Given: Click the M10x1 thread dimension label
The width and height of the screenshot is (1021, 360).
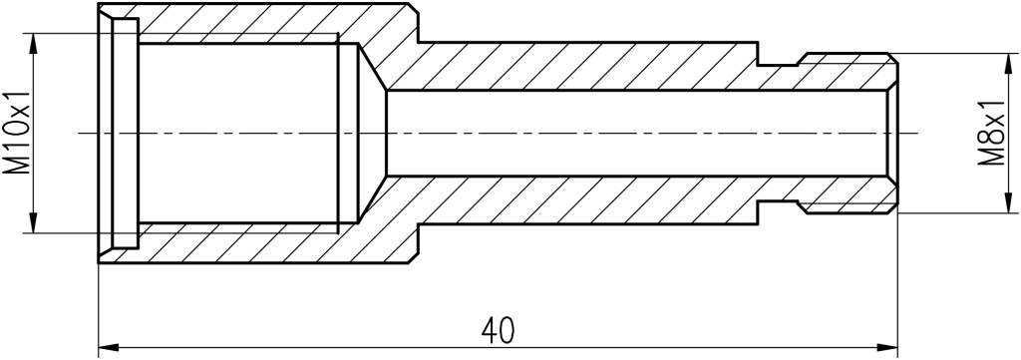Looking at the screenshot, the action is pos(18,134).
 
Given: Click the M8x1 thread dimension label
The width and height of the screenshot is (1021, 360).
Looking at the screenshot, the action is pos(993,134).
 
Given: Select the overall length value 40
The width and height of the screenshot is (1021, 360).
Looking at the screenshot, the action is pos(499,331).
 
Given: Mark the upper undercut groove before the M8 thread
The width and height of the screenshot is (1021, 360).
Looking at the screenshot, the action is pos(780,60).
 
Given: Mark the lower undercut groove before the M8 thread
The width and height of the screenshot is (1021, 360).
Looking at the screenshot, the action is pos(780,206).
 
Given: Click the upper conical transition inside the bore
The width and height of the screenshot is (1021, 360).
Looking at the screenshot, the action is pos(373,67).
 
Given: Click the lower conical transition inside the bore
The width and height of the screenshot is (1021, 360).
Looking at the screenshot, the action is pos(373,199).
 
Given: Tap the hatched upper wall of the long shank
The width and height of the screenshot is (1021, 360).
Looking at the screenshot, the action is pos(573,67).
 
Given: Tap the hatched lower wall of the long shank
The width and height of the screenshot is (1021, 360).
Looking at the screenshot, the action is pos(573,199).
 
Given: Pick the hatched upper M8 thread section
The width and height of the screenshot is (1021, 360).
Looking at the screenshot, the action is pos(847,72).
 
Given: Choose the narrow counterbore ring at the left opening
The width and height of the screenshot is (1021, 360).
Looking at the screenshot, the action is pos(125,134).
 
